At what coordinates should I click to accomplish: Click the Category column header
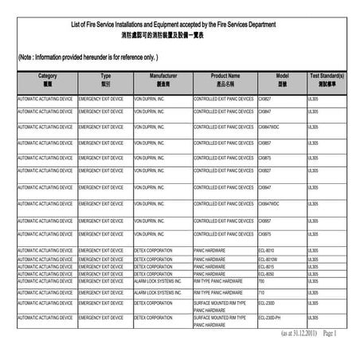(47, 79)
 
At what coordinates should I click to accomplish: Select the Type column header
(105, 79)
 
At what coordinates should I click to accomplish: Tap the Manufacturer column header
(162, 79)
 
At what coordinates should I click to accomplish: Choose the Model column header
(282, 79)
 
